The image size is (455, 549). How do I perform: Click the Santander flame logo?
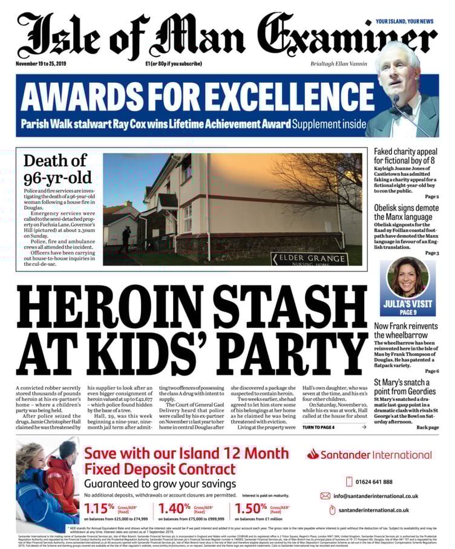[313, 454]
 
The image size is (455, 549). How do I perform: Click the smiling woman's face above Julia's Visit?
[407, 278]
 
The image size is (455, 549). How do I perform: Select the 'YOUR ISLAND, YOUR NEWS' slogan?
[405, 22]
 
